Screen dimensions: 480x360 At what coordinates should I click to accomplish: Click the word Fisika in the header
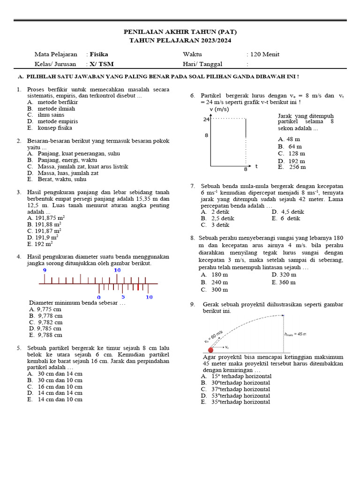tap(99, 54)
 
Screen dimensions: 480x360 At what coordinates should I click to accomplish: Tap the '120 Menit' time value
tap(265, 54)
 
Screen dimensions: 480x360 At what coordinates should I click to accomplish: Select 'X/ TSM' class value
tap(101, 64)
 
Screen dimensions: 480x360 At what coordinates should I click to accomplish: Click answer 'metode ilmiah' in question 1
tap(56, 108)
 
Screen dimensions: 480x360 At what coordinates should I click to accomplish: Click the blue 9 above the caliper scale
tap(45, 270)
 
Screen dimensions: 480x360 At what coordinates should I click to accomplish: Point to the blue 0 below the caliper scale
tap(98, 297)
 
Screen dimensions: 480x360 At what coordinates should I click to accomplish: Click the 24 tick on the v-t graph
tap(206, 119)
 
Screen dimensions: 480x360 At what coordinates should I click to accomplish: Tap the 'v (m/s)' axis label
tap(219, 109)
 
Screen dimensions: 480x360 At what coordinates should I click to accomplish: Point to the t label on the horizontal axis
tap(256, 166)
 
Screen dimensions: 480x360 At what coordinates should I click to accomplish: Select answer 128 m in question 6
tap(297, 153)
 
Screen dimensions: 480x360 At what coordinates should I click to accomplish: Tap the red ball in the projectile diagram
tap(210, 350)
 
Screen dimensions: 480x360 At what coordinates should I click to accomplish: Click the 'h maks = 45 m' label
tap(295, 334)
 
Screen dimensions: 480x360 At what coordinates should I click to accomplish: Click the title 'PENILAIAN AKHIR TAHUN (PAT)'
tap(180, 32)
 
